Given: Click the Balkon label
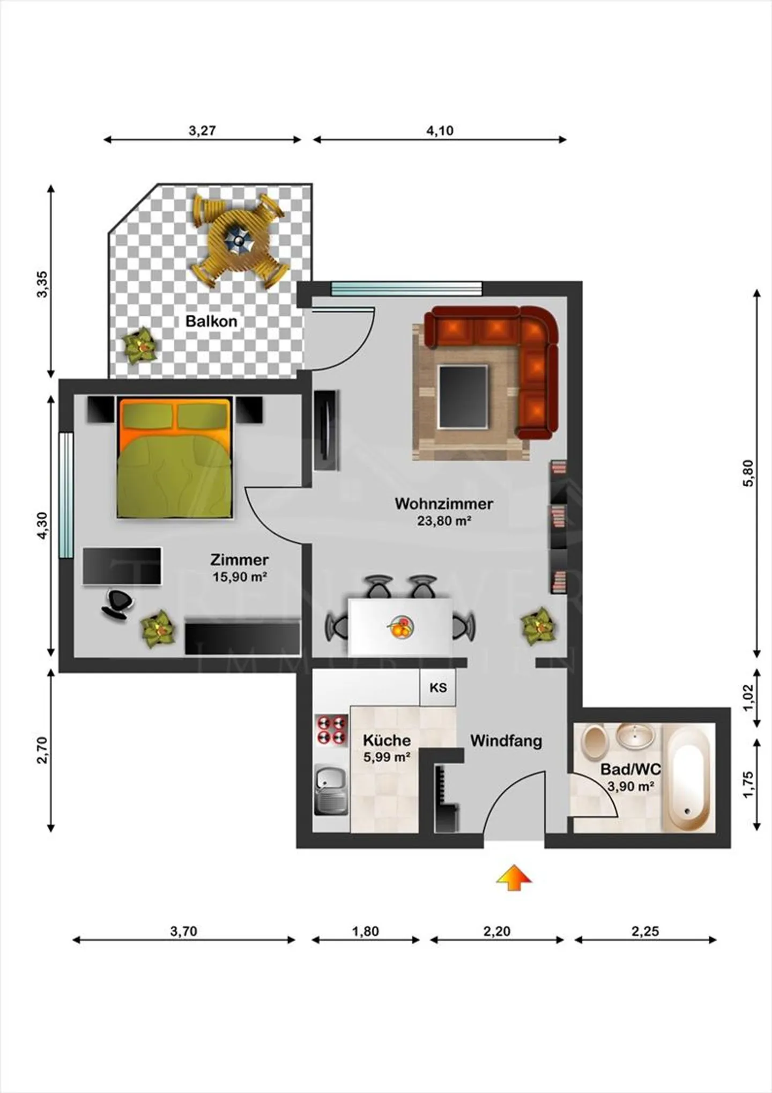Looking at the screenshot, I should (211, 321).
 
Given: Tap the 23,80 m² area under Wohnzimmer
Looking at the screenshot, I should (444, 521).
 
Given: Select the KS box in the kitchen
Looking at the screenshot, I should (438, 688).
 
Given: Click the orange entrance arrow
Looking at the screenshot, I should (514, 878).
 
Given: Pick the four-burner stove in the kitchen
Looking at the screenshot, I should (331, 729).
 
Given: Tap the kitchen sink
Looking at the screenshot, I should (331, 788).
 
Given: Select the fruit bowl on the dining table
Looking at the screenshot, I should (402, 627).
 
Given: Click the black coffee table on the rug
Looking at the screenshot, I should (463, 396).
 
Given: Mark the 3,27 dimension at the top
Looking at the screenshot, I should (202, 130).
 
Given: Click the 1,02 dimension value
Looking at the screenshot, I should (748, 698).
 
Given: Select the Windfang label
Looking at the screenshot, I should (506, 741).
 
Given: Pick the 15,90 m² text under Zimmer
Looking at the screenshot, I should (240, 577).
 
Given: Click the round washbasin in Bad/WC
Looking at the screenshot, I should (635, 736).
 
